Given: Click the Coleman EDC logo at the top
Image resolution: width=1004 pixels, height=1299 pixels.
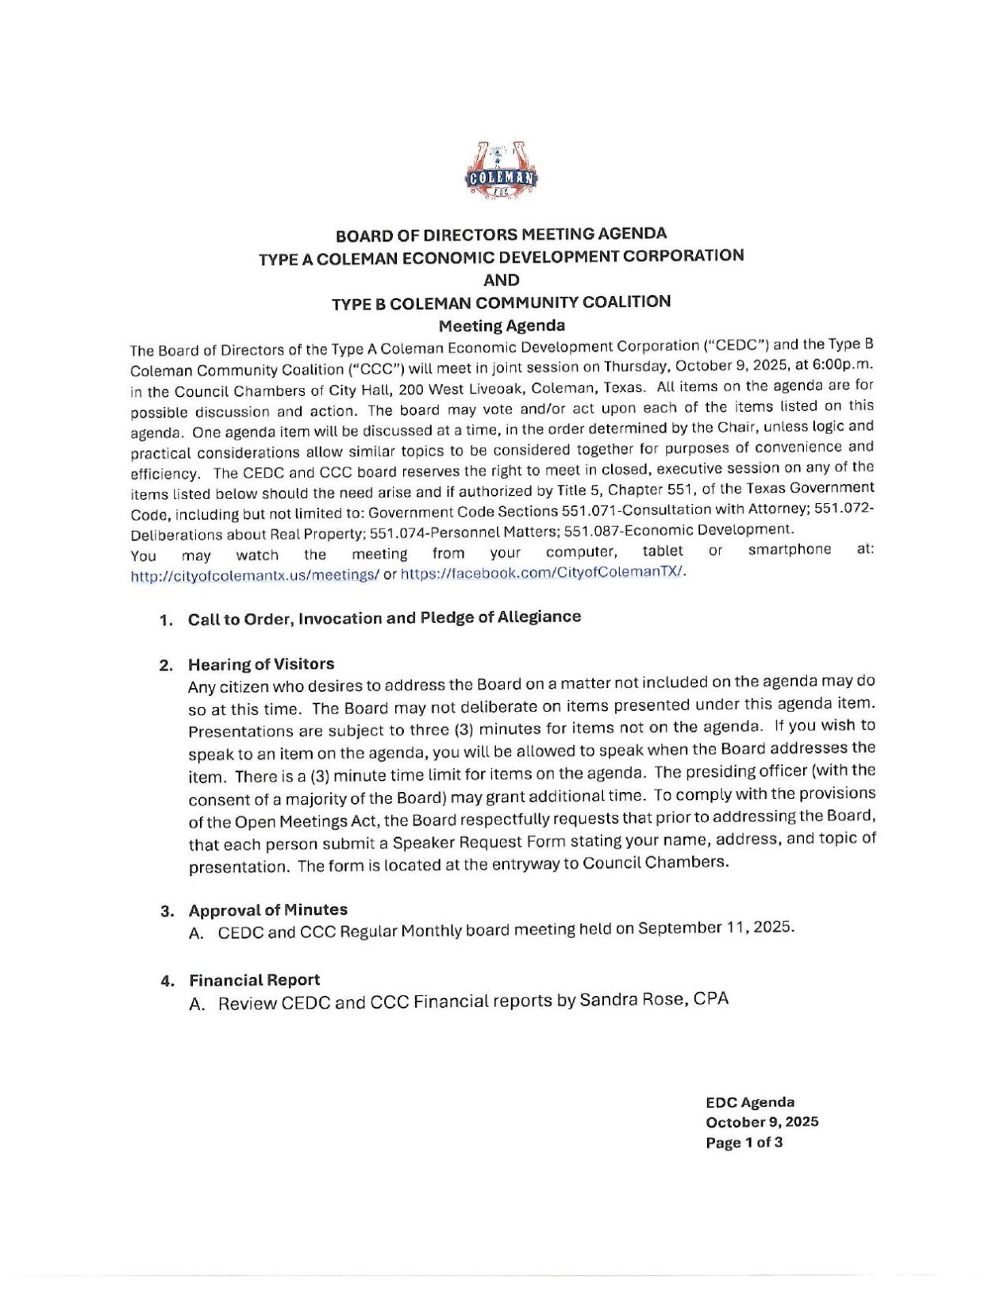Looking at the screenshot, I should pos(501,172).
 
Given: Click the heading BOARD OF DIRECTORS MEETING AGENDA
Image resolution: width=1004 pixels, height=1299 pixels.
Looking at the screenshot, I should pos(501,234).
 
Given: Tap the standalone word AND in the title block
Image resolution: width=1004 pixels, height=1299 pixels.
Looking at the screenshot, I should pos(502,280).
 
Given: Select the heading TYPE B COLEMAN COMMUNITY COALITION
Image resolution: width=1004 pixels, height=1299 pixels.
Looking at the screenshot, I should pos(501,302).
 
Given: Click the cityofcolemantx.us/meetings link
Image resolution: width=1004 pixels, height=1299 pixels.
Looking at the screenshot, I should pos(254,576).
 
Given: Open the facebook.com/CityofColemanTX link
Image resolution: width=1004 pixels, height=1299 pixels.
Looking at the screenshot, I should pos(542,573).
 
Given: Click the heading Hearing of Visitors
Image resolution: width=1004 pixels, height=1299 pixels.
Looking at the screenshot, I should pos(261,664).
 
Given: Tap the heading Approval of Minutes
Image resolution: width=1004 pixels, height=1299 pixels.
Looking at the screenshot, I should pos(267,910).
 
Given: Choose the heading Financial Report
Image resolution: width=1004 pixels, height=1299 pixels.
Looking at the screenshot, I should pos(254,980).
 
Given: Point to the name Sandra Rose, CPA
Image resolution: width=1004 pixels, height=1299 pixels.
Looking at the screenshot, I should pos(654,999).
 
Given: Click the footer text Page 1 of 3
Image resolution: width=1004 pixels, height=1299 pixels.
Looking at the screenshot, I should pos(744,1143).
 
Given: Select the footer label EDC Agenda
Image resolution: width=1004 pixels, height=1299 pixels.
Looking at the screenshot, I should pos(749,1101).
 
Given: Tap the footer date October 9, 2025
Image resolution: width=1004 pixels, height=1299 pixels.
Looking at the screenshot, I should pos(762,1122).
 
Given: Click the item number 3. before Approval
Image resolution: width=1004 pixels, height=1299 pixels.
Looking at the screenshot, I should pos(167,912).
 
